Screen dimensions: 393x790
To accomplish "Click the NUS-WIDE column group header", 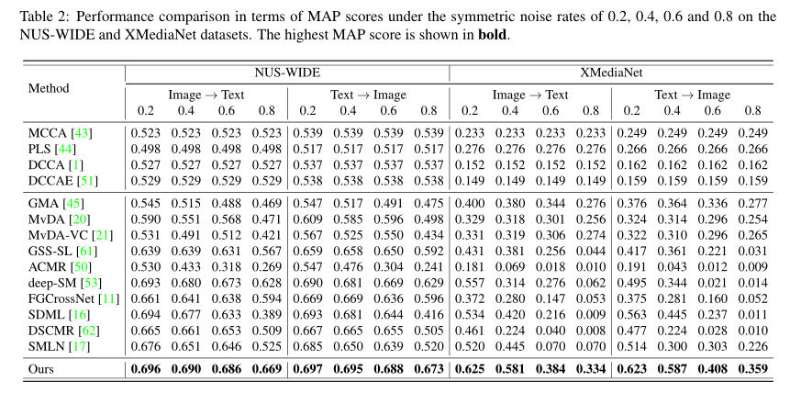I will pyautogui.click(x=286, y=73).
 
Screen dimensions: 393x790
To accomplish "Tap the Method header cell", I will pyautogui.click(x=49, y=88).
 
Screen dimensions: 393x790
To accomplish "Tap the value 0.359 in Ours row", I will pyautogui.click(x=752, y=369).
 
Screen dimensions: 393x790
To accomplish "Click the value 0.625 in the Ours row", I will pyautogui.click(x=469, y=369).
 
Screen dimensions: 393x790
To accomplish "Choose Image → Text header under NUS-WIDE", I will pyautogui.click(x=206, y=95).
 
